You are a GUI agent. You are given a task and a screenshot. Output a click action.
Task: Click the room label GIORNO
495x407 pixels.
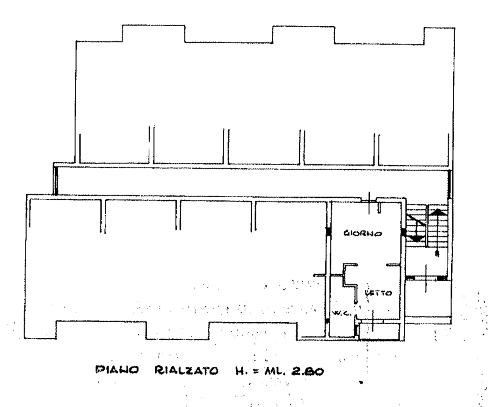tap(363, 233)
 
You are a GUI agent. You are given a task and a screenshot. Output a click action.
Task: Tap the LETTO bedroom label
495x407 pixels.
tap(378, 293)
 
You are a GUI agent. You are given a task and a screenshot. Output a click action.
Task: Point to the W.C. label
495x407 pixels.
tap(341, 313)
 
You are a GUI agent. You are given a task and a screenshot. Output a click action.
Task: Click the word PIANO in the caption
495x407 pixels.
tap(117, 370)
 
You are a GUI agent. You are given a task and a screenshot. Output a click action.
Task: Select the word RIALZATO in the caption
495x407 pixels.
tap(186, 370)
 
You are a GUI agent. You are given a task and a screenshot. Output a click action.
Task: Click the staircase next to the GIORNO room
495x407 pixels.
tap(427, 226)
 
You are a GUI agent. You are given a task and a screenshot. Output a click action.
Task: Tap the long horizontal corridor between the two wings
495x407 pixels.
tap(251, 181)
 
